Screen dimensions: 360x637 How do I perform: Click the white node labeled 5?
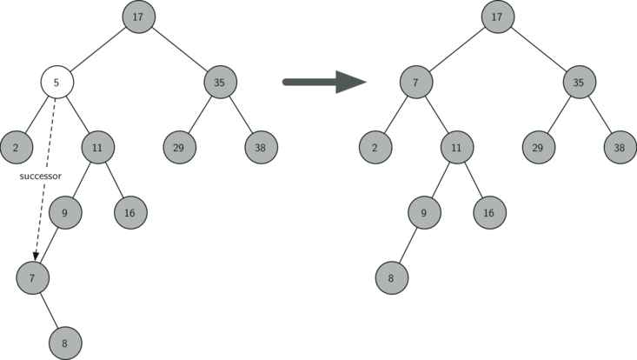pos(56,83)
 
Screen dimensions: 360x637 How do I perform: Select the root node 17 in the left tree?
pos(138,17)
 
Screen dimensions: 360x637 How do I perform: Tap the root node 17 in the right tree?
pos(497,17)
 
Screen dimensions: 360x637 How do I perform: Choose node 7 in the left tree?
pos(32,278)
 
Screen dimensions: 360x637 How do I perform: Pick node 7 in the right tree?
pos(416,83)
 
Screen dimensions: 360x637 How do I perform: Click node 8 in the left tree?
pos(64,343)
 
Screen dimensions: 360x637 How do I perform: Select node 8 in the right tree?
pos(392,278)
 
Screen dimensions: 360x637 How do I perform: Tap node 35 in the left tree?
pos(220,83)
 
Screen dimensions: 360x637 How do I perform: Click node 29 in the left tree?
pos(178,147)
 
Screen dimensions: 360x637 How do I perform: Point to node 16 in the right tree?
pos(489,211)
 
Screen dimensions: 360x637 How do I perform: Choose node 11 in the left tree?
pos(97,147)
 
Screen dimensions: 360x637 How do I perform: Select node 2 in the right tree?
pos(375,147)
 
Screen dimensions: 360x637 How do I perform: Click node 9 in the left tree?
pos(65,211)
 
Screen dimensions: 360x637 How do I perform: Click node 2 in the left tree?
pos(16,147)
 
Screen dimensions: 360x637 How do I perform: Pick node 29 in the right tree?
pos(538,147)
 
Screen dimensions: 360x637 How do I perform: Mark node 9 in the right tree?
pos(424,211)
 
